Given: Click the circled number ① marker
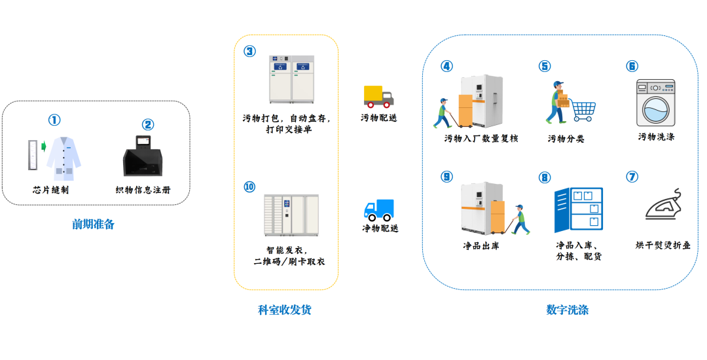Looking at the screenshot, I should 54,120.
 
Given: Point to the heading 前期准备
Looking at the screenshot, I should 93,225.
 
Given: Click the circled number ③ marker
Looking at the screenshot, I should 249,51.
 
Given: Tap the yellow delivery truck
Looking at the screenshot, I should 378,96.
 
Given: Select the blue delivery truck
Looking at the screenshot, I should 379,210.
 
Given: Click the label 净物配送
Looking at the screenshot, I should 380,228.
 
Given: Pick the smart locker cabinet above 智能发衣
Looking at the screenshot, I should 291,215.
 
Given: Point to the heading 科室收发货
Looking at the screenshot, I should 285,310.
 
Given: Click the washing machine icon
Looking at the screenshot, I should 655,103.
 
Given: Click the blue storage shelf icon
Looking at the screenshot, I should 578,209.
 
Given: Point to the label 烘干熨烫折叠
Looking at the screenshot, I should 662,245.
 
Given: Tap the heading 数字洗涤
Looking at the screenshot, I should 567,310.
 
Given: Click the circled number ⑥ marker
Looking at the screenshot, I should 632,66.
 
